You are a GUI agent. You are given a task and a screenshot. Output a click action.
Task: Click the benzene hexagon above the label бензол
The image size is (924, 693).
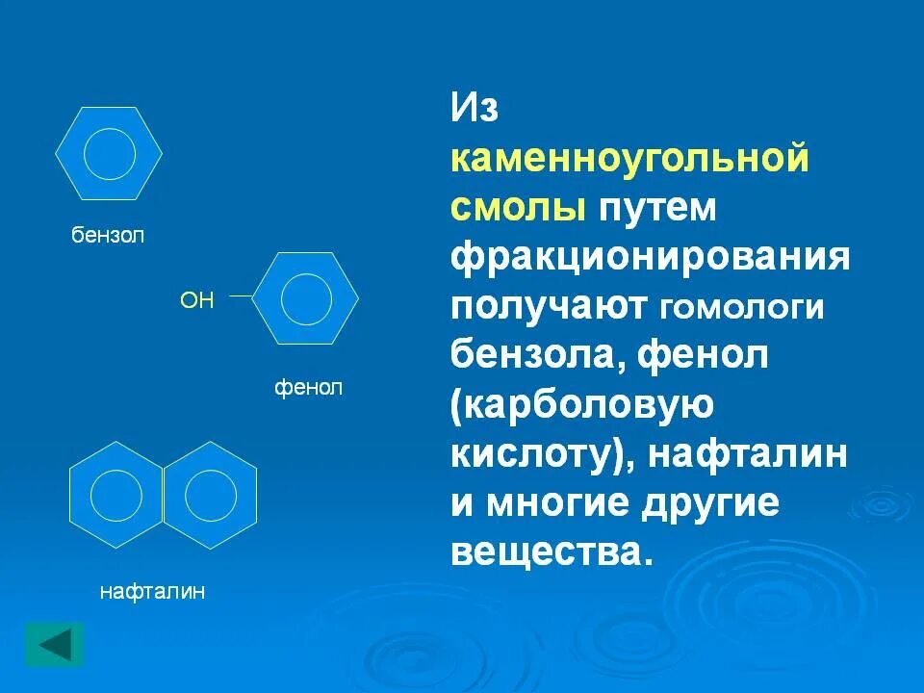[109, 153]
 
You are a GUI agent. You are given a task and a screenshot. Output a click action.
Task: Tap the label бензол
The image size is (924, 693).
[108, 236]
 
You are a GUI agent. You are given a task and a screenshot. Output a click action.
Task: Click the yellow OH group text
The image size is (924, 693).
[196, 300]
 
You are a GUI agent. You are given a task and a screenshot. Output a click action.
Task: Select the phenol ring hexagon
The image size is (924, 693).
[306, 298]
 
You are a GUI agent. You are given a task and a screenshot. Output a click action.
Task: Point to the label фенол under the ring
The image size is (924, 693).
[309, 389]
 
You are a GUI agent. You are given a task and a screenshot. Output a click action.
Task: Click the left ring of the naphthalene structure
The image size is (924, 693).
[116, 496]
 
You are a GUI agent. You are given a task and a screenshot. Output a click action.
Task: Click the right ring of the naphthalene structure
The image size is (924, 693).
[210, 496]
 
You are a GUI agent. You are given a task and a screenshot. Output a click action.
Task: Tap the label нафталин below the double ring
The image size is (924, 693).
[153, 591]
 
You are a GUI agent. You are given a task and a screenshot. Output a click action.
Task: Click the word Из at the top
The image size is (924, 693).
[475, 109]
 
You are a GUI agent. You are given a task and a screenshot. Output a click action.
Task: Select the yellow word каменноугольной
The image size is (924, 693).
[629, 159]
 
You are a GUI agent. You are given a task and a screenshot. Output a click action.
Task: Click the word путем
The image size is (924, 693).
[659, 209]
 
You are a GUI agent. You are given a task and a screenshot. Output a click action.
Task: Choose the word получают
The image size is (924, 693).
[549, 307]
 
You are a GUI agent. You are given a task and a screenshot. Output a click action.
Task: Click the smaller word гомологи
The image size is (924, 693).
[742, 309]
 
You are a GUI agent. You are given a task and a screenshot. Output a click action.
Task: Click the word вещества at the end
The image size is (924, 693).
[545, 552]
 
